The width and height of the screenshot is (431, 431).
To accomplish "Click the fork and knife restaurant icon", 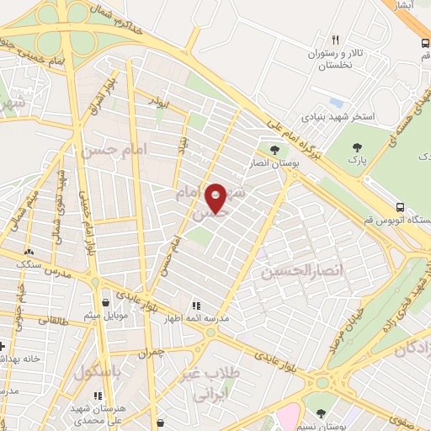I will click(x=335, y=40).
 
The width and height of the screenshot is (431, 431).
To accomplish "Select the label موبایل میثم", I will click(x=105, y=317).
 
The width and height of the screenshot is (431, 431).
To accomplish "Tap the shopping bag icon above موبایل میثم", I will click(x=105, y=301).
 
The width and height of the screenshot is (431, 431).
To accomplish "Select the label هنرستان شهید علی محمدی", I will click(x=99, y=413).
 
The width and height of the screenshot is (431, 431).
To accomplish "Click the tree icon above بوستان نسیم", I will click(x=321, y=413).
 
